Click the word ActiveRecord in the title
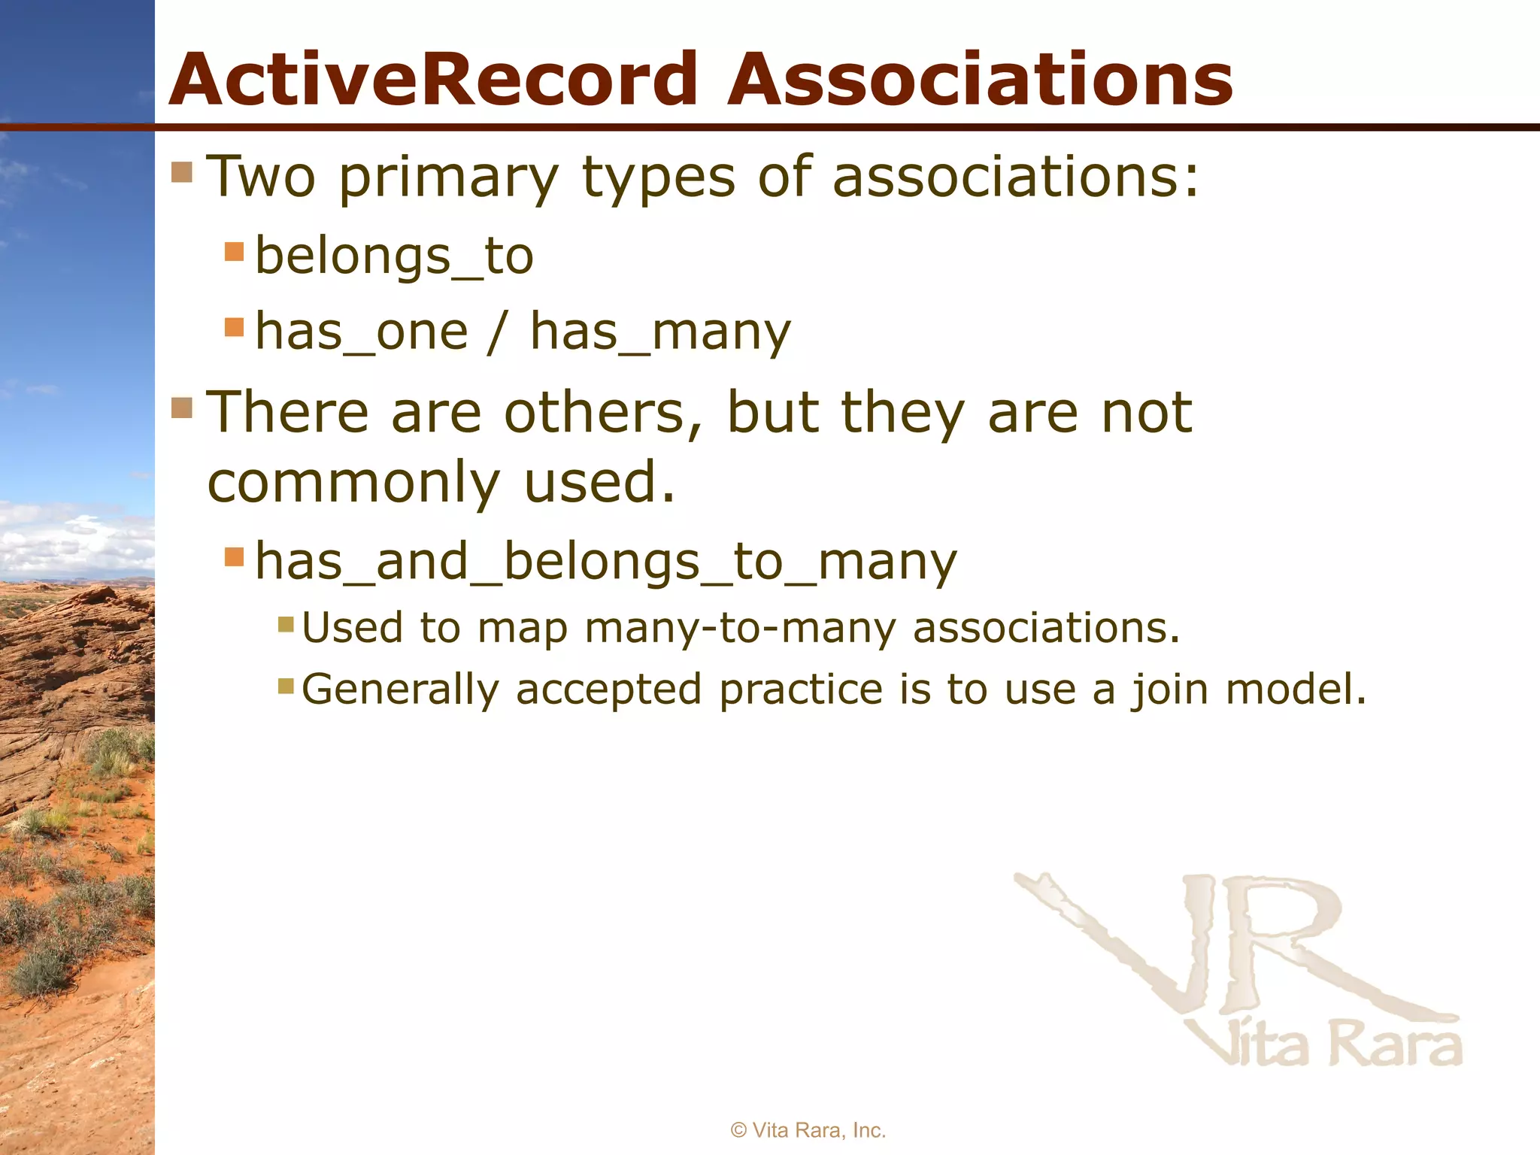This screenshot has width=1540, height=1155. point(434,80)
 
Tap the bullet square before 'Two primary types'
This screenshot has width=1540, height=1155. point(183,172)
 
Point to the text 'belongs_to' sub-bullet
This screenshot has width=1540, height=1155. point(394,256)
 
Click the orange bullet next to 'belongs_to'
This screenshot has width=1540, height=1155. point(235,251)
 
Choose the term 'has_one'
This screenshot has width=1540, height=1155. point(362,332)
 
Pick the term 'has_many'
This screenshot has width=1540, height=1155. point(660,332)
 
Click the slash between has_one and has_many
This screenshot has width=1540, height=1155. point(496,332)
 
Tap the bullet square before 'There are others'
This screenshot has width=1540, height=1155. point(183,408)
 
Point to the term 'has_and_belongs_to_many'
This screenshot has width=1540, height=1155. point(606,562)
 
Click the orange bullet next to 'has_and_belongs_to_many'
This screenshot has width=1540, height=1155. point(235,557)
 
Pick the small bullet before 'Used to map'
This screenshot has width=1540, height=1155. point(286,624)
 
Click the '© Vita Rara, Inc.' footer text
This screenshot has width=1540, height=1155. point(808,1130)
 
